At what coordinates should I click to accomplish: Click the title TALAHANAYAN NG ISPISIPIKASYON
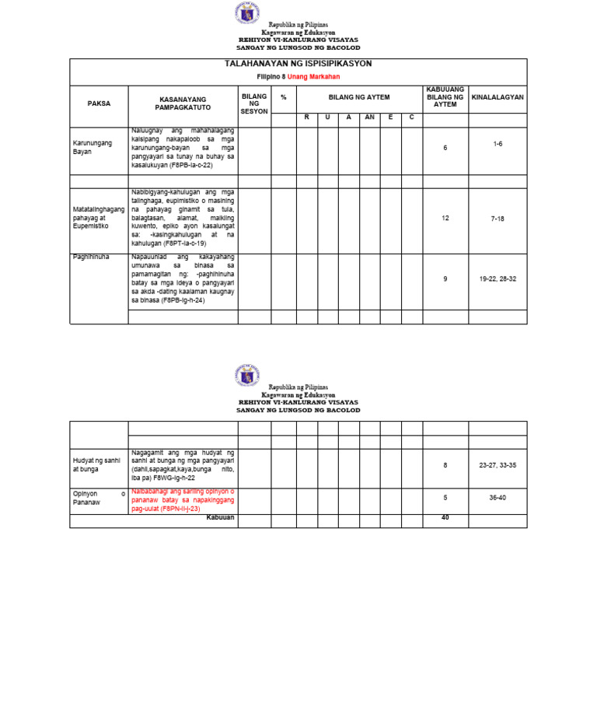click(298, 64)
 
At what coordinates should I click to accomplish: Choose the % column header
click(284, 97)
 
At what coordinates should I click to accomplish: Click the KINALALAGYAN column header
click(497, 97)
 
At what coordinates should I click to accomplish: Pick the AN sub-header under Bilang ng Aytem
click(370, 117)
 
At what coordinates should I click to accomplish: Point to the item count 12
click(445, 219)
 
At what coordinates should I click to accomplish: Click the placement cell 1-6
click(497, 145)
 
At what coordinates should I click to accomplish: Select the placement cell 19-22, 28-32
click(497, 278)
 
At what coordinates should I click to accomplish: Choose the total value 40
click(445, 517)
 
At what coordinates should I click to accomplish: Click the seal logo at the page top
click(247, 13)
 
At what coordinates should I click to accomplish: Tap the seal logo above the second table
click(247, 375)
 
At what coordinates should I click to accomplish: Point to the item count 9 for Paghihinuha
click(445, 278)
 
